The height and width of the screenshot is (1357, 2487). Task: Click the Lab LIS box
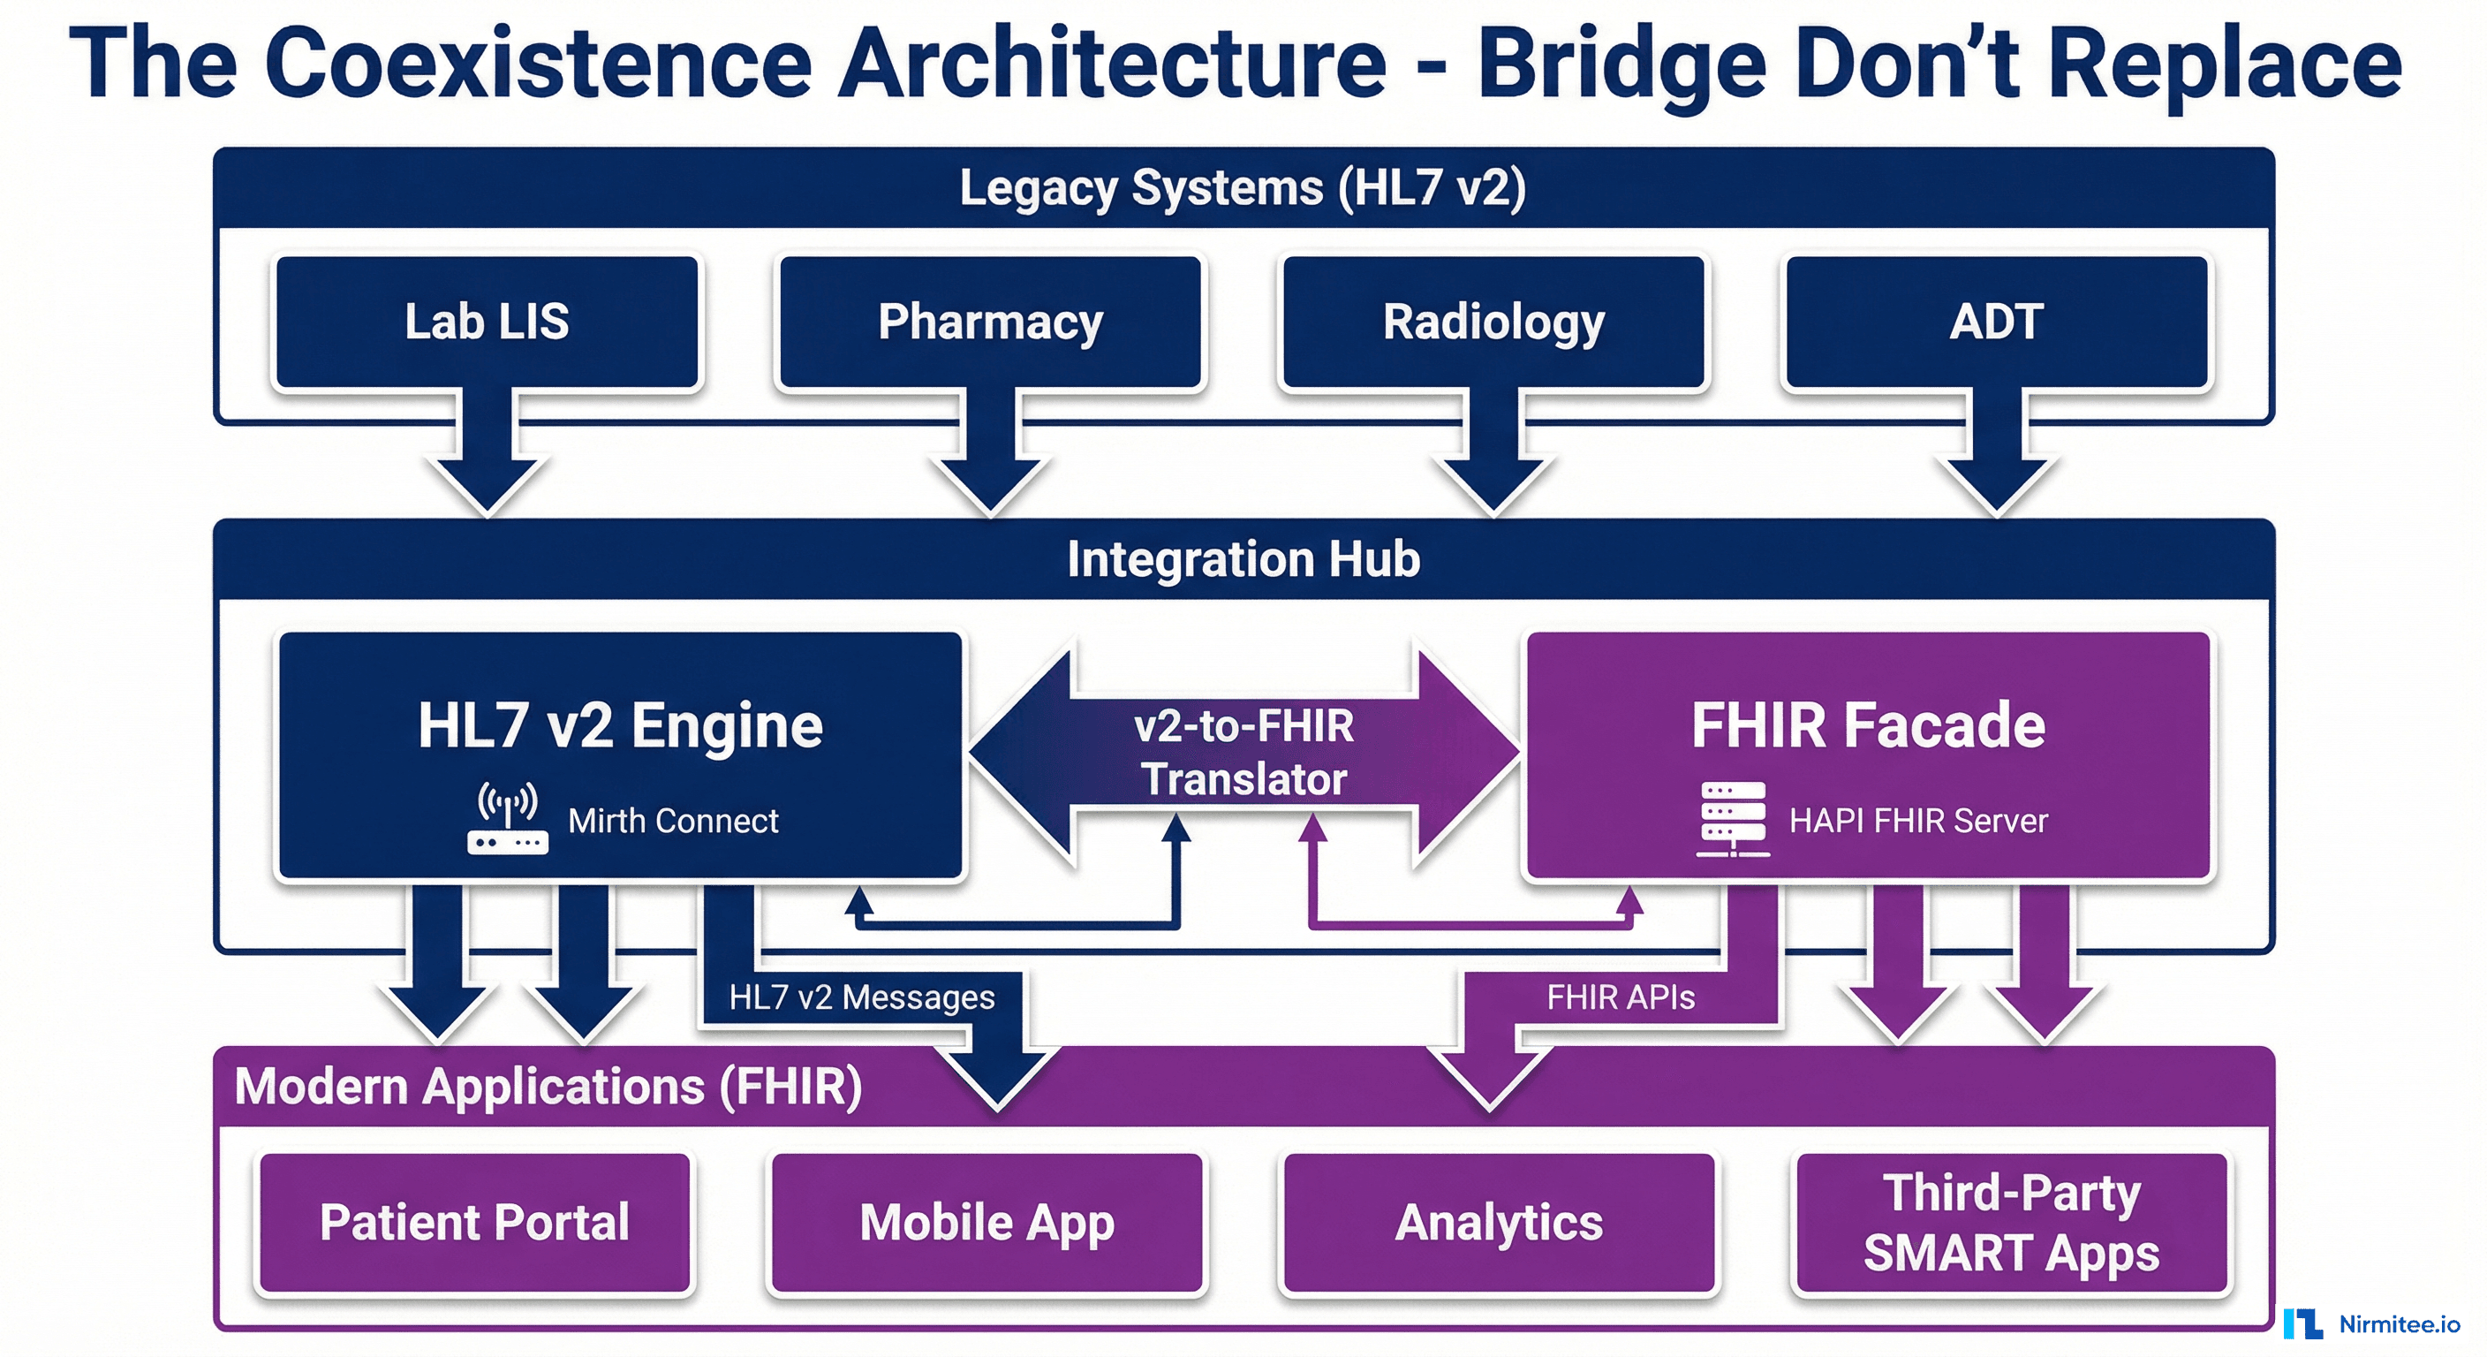[487, 322]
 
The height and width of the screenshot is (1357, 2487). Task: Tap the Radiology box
[1493, 322]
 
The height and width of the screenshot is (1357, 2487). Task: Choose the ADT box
[1997, 322]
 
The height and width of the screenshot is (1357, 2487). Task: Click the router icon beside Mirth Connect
[508, 820]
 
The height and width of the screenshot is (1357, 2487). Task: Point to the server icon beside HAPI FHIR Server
[1733, 820]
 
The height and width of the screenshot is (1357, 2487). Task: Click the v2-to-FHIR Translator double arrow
[1243, 753]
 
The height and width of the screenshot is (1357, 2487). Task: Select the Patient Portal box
[474, 1223]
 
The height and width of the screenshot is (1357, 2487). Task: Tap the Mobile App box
[986, 1223]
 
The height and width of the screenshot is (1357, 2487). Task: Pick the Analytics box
[1499, 1223]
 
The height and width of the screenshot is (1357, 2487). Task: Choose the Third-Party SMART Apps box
[2011, 1223]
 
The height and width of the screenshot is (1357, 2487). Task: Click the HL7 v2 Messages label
[861, 997]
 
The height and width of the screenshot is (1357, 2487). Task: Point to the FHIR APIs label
[1620, 997]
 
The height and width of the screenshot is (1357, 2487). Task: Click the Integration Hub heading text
[1243, 559]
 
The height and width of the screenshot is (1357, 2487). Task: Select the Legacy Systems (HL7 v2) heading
[1243, 187]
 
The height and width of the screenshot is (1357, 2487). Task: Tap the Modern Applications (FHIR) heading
[548, 1087]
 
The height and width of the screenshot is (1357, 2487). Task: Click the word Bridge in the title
[1622, 64]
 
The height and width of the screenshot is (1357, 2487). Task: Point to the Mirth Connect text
[673, 821]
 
